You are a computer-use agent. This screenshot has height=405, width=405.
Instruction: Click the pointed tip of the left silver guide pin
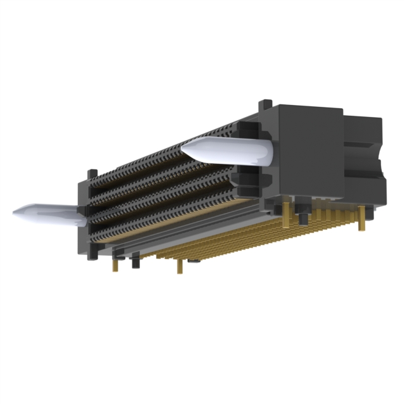click(x=15, y=211)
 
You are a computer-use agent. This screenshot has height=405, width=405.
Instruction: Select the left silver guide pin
click(x=47, y=214)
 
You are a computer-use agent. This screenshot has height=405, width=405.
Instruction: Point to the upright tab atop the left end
click(x=93, y=173)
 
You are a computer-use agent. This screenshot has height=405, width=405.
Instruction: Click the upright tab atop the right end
click(x=267, y=104)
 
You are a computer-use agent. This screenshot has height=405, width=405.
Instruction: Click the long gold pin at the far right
click(x=363, y=218)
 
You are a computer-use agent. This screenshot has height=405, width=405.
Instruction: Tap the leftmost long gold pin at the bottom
click(x=116, y=261)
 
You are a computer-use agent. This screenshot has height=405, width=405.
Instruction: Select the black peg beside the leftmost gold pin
click(x=134, y=260)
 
